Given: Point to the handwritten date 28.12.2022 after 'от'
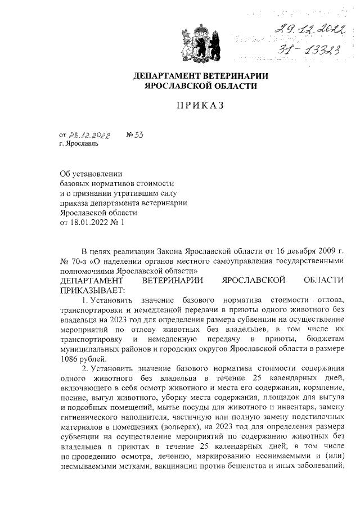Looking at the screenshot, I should pos(89,136).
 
